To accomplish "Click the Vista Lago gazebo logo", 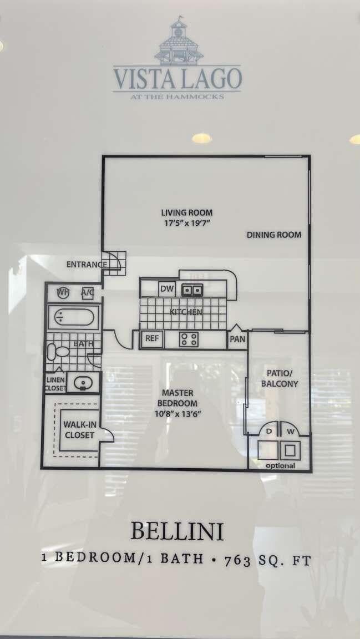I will pos(178,41).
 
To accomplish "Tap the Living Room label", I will pos(187,212).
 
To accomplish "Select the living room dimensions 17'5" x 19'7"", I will pos(187,223).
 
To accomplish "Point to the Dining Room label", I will pos(274,235).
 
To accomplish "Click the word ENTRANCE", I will pos(86,265).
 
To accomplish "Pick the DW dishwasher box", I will pos(166,288).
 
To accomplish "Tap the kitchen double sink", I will pos(192,289).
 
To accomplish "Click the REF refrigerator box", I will pos(151,338).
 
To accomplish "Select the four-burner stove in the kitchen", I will pos(189,338).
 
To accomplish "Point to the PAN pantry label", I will pos(237,339).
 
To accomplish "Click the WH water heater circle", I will pos(63,292).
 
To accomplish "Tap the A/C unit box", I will pos(87,292).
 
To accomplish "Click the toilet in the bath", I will pos(57,351).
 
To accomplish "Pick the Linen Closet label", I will pos(55,384).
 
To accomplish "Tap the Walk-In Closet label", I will pos(79,430).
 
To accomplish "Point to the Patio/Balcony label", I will pos(282,378).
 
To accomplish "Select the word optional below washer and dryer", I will pos(280,465).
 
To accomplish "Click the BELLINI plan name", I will pos(177,531).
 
